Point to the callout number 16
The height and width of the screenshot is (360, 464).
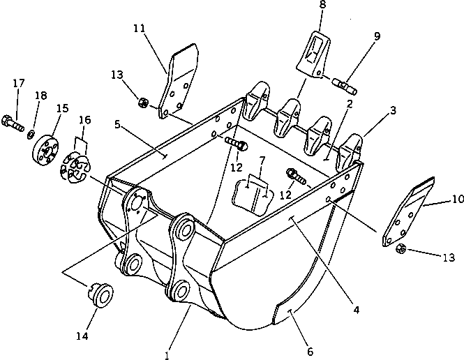[x=84, y=121]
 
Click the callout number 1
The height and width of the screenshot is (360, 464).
[x=167, y=355]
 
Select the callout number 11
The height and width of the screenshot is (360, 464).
[x=139, y=29]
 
